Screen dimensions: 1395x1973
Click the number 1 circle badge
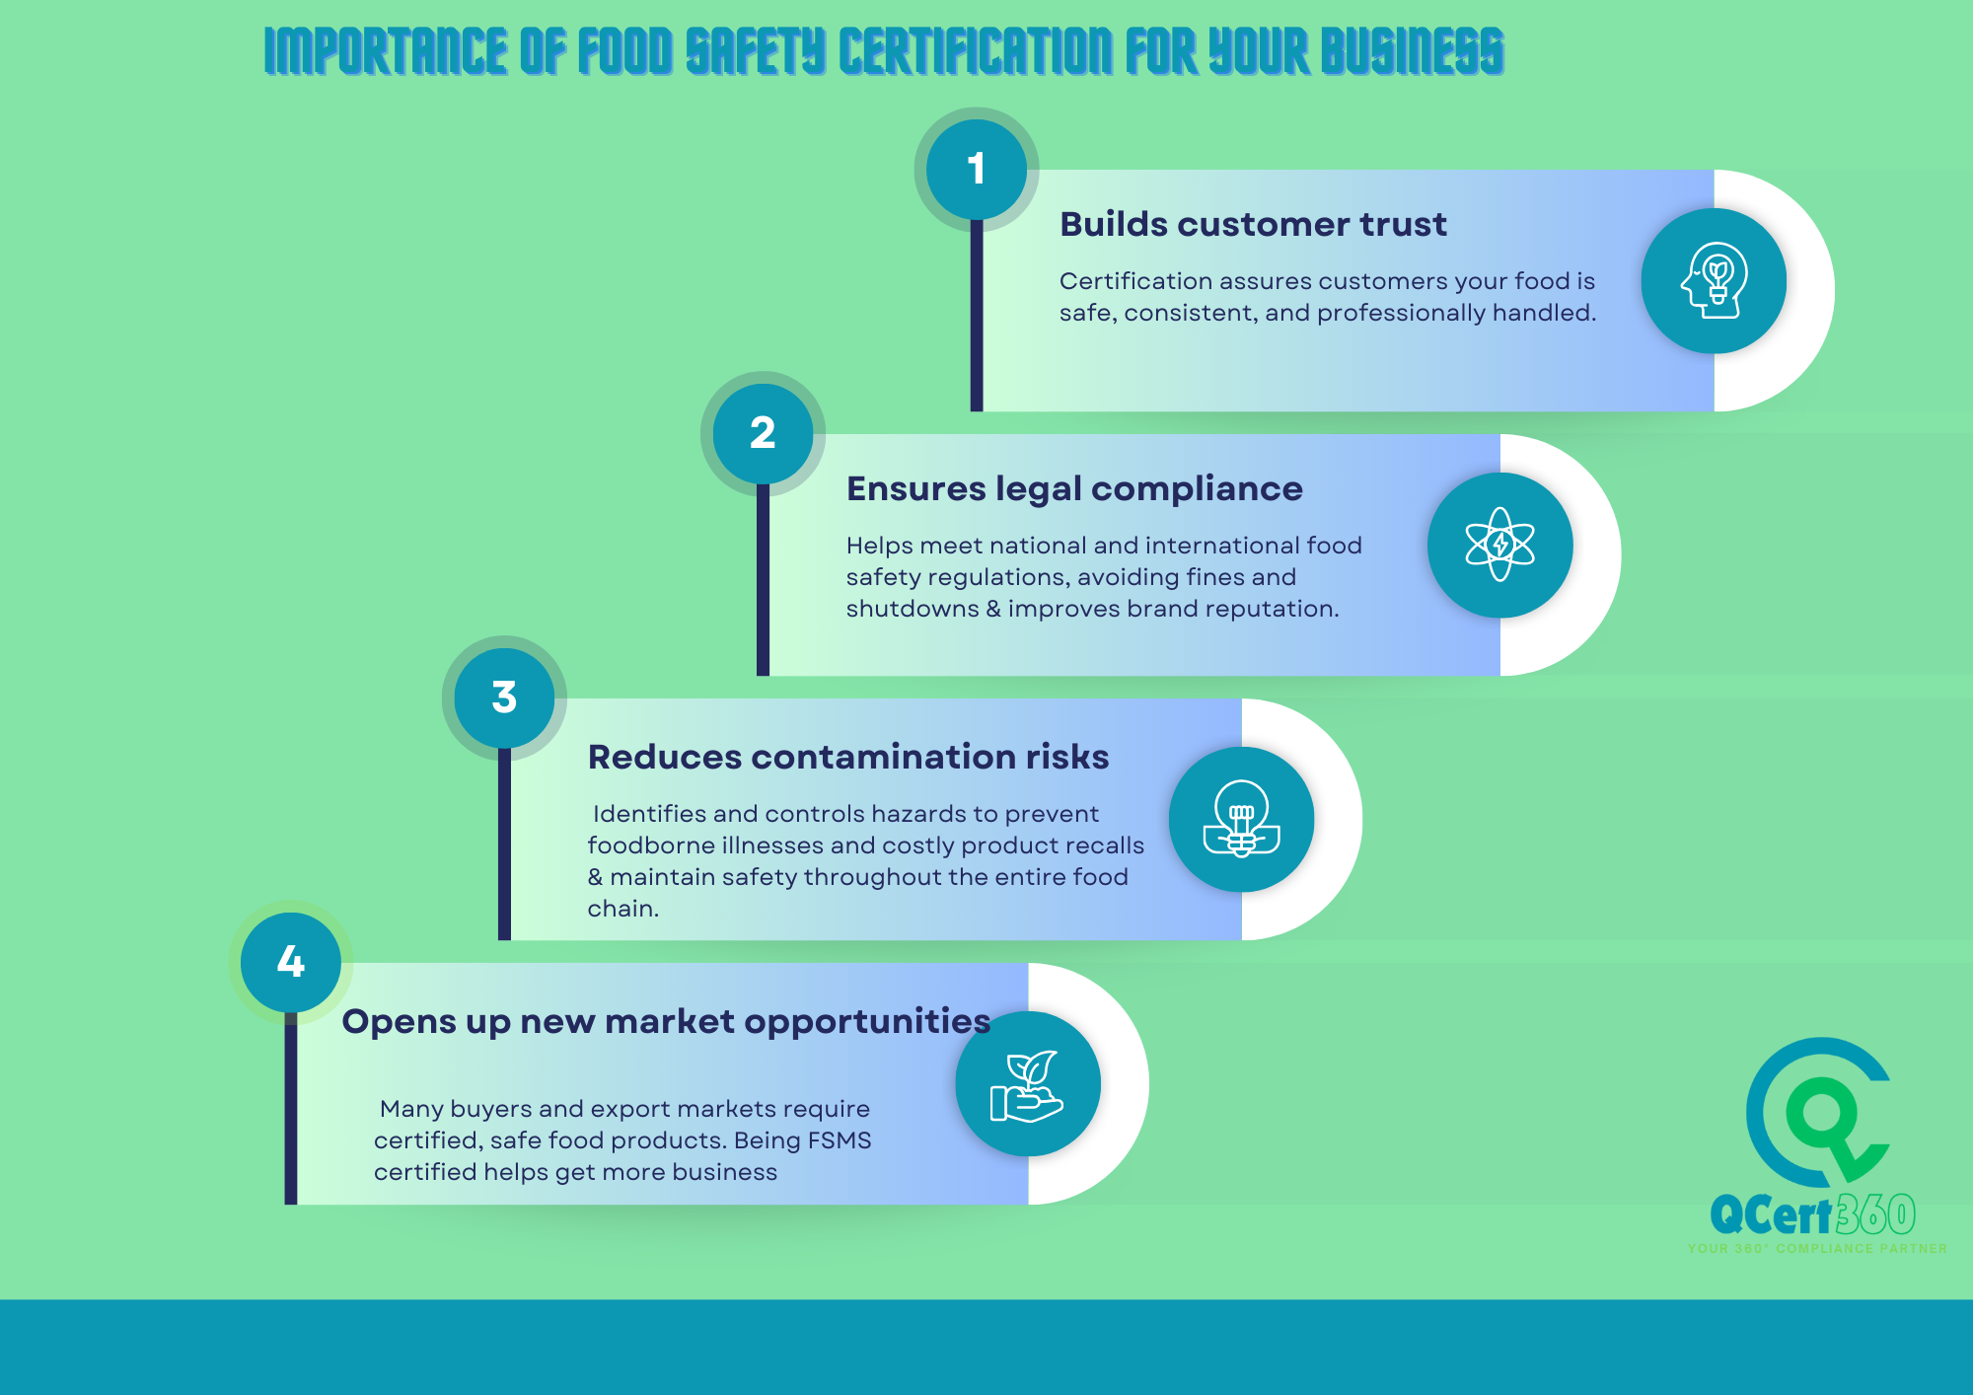pyautogui.click(x=976, y=170)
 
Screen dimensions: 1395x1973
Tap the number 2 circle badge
pyautogui.click(x=763, y=434)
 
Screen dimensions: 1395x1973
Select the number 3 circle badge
pyautogui.click(x=504, y=698)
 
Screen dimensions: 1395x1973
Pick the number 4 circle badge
pyautogui.click(x=291, y=962)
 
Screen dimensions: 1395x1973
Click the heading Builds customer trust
pyautogui.click(x=1253, y=225)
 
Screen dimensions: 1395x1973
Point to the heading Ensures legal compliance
pyautogui.click(x=1074, y=489)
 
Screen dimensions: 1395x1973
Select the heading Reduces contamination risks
pyautogui.click(x=848, y=758)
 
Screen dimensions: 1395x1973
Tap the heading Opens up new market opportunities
pyautogui.click(x=666, y=1022)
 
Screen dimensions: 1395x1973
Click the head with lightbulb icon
pyautogui.click(x=1715, y=281)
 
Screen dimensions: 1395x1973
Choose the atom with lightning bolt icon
pyautogui.click(x=1500, y=545)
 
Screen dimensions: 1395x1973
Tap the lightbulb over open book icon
pyautogui.click(x=1241, y=819)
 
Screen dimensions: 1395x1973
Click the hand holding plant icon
pyautogui.click(x=1027, y=1085)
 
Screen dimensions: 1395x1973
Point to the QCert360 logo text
pyautogui.click(x=1813, y=1214)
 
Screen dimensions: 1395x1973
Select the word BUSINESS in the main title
pyautogui.click(x=1412, y=51)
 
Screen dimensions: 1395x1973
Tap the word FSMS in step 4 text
pyautogui.click(x=840, y=1140)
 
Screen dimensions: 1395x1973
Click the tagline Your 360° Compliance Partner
pyautogui.click(x=1817, y=1249)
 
